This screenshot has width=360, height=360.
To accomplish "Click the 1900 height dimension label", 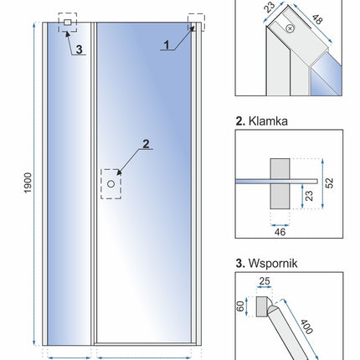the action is click(28, 183).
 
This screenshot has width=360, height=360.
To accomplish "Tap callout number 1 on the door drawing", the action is click(167, 45).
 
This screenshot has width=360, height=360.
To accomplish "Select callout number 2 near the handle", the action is click(146, 144).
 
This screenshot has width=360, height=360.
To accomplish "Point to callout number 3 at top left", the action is click(80, 49).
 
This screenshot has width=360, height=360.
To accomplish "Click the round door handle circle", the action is click(111, 184).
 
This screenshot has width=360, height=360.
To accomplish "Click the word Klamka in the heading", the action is click(268, 121).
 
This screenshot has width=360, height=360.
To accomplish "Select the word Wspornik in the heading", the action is click(273, 263).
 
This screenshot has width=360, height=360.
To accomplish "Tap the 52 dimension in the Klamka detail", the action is click(330, 183).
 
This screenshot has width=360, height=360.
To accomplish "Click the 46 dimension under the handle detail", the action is click(280, 232).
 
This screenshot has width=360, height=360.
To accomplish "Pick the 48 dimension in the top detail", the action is click(317, 19).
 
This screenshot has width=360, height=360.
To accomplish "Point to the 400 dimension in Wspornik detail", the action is click(306, 327).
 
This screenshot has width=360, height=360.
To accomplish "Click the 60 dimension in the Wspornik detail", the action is click(240, 306).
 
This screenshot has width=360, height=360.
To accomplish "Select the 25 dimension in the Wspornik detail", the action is click(265, 281).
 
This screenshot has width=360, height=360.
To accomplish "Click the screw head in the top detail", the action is click(291, 28).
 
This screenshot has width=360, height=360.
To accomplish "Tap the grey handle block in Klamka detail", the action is click(280, 183).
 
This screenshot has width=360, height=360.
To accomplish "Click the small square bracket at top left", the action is click(68, 23).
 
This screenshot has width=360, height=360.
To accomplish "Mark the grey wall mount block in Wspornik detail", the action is click(262, 306).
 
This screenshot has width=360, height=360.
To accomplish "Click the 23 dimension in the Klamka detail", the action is click(310, 196).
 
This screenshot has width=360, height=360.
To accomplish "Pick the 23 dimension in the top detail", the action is click(270, 8).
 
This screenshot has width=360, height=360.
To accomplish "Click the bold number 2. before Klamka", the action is click(240, 121).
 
